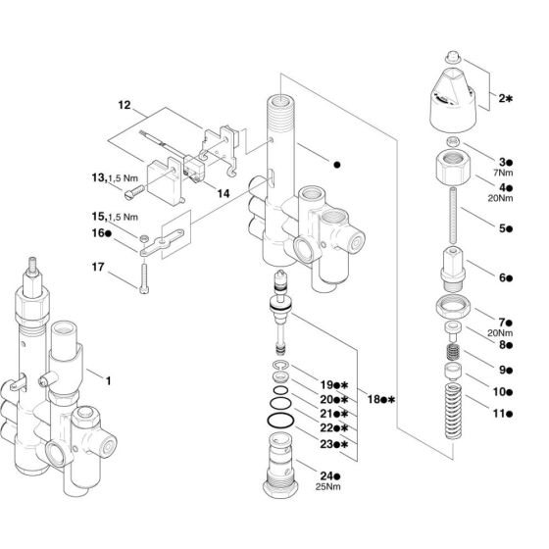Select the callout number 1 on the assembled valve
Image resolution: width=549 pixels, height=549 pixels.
[109, 376]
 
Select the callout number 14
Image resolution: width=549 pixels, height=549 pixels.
[224, 194]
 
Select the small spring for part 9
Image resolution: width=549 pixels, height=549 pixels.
[454, 350]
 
